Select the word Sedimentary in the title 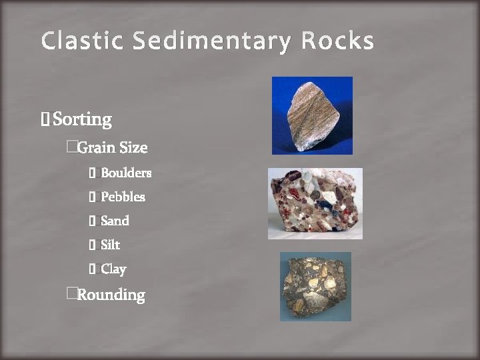(x=211, y=41)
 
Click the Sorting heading (x=82, y=120)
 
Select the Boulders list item (x=126, y=173)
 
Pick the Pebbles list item (x=123, y=197)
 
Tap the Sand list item (x=115, y=221)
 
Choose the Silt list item (x=110, y=245)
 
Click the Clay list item (x=113, y=269)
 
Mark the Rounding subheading (x=111, y=295)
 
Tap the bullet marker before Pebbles (x=93, y=197)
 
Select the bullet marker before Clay (x=93, y=269)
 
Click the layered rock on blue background (x=311, y=115)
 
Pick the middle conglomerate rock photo (x=315, y=203)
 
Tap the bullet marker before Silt (x=93, y=245)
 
